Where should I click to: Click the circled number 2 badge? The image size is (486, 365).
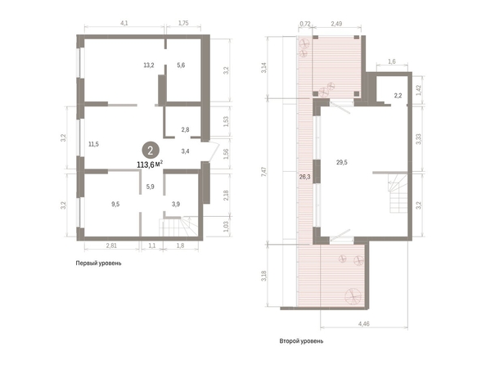point(151,151)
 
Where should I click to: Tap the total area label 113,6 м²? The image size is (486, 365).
point(150,164)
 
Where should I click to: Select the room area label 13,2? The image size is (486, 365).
point(149,65)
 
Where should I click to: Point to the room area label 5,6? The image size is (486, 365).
point(181,65)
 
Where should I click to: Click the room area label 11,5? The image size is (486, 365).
point(93,144)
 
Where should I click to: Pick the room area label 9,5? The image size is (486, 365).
point(115,204)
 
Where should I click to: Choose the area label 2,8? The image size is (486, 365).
point(186,129)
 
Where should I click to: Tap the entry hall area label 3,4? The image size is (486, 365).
point(186,151)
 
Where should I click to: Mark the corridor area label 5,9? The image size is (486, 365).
point(150,187)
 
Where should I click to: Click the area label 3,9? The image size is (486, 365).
point(176,204)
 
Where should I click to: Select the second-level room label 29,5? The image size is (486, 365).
point(342,162)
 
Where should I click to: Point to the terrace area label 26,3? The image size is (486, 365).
point(305,177)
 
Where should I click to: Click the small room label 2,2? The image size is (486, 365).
point(398,96)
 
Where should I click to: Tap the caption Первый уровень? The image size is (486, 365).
point(98,264)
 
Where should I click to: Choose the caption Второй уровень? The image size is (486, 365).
point(301,341)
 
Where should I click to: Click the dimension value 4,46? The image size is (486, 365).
point(364,324)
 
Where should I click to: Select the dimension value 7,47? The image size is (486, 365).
point(263,172)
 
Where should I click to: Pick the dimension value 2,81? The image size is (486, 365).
point(111,246)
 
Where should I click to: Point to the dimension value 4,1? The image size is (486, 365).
point(124,23)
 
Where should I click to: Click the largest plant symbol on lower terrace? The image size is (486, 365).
point(353,296)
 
